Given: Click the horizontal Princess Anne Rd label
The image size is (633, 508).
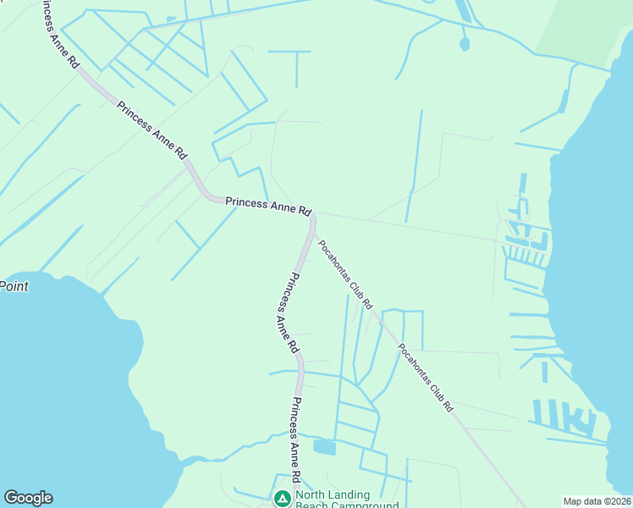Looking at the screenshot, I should [268, 205].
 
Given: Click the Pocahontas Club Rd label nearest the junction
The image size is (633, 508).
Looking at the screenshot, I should [345, 273].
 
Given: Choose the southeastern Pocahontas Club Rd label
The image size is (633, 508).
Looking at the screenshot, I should [426, 377].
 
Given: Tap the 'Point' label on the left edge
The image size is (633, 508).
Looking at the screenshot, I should [14, 286].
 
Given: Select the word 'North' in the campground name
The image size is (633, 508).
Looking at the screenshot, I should [311, 495].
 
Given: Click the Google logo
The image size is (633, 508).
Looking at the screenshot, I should [28, 498].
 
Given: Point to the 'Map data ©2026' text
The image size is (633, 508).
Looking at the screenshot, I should [597, 501].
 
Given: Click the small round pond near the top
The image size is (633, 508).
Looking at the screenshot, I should [464, 43].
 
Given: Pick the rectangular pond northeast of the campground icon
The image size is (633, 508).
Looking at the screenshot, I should [324, 446].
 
